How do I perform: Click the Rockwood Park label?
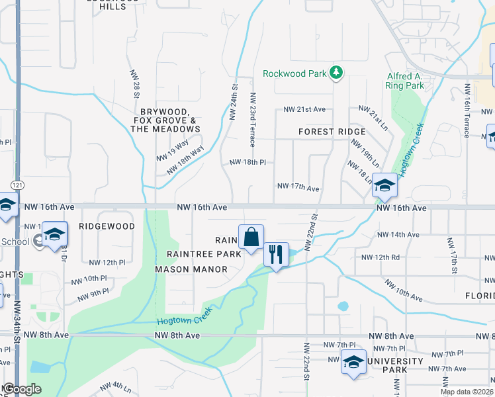pyautogui.click(x=294, y=73)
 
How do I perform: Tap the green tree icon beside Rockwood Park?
pyautogui.click(x=337, y=72)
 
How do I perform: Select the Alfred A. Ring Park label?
pyautogui.click(x=405, y=81)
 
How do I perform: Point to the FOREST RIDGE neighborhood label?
pyautogui.click(x=332, y=132)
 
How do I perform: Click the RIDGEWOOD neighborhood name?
pyautogui.click(x=107, y=226)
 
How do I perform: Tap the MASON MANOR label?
pyautogui.click(x=191, y=269)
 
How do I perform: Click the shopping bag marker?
pyautogui.click(x=251, y=238)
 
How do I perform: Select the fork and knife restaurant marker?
pyautogui.click(x=275, y=253)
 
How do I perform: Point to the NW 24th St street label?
pyautogui.click(x=233, y=101)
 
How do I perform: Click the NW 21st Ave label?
pyautogui.click(x=304, y=109)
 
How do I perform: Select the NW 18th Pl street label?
pyautogui.click(x=247, y=162)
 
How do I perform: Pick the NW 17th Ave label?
pyautogui.click(x=298, y=188)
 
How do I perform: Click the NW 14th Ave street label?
pyautogui.click(x=398, y=235)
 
